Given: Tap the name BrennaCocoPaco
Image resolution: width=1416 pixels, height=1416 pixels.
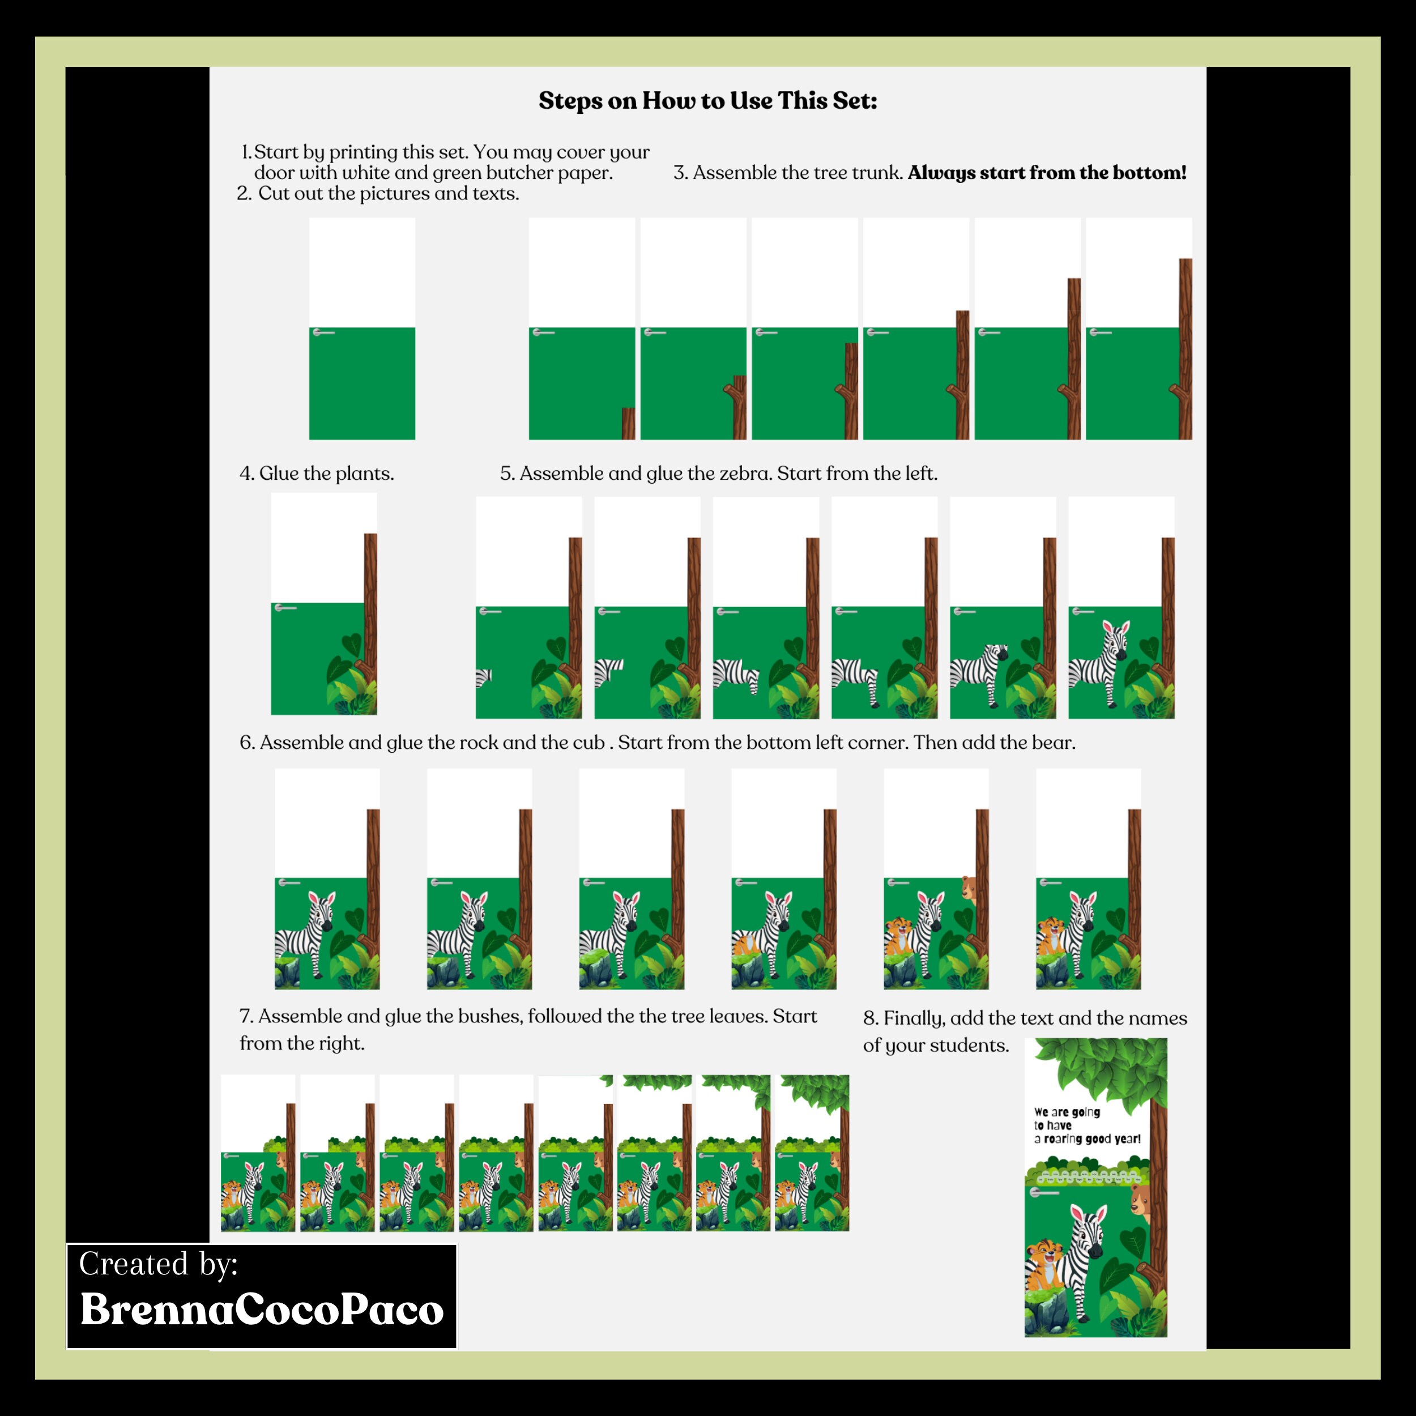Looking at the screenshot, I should tap(262, 1309).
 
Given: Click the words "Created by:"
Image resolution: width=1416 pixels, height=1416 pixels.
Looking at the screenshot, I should tap(159, 1264).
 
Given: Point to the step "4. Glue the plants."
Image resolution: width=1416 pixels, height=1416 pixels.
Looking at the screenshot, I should tap(317, 474).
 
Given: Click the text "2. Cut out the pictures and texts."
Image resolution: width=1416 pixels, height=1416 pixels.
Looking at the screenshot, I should tap(378, 194).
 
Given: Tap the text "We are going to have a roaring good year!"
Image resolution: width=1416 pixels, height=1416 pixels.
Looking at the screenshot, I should tap(1087, 1125).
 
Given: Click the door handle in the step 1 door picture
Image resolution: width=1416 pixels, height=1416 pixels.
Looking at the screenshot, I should tap(323, 332).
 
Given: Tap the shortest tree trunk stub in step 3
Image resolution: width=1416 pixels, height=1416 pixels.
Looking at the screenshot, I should tap(628, 424).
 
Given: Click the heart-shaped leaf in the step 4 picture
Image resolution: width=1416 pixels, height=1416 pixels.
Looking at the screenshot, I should tap(352, 645).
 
